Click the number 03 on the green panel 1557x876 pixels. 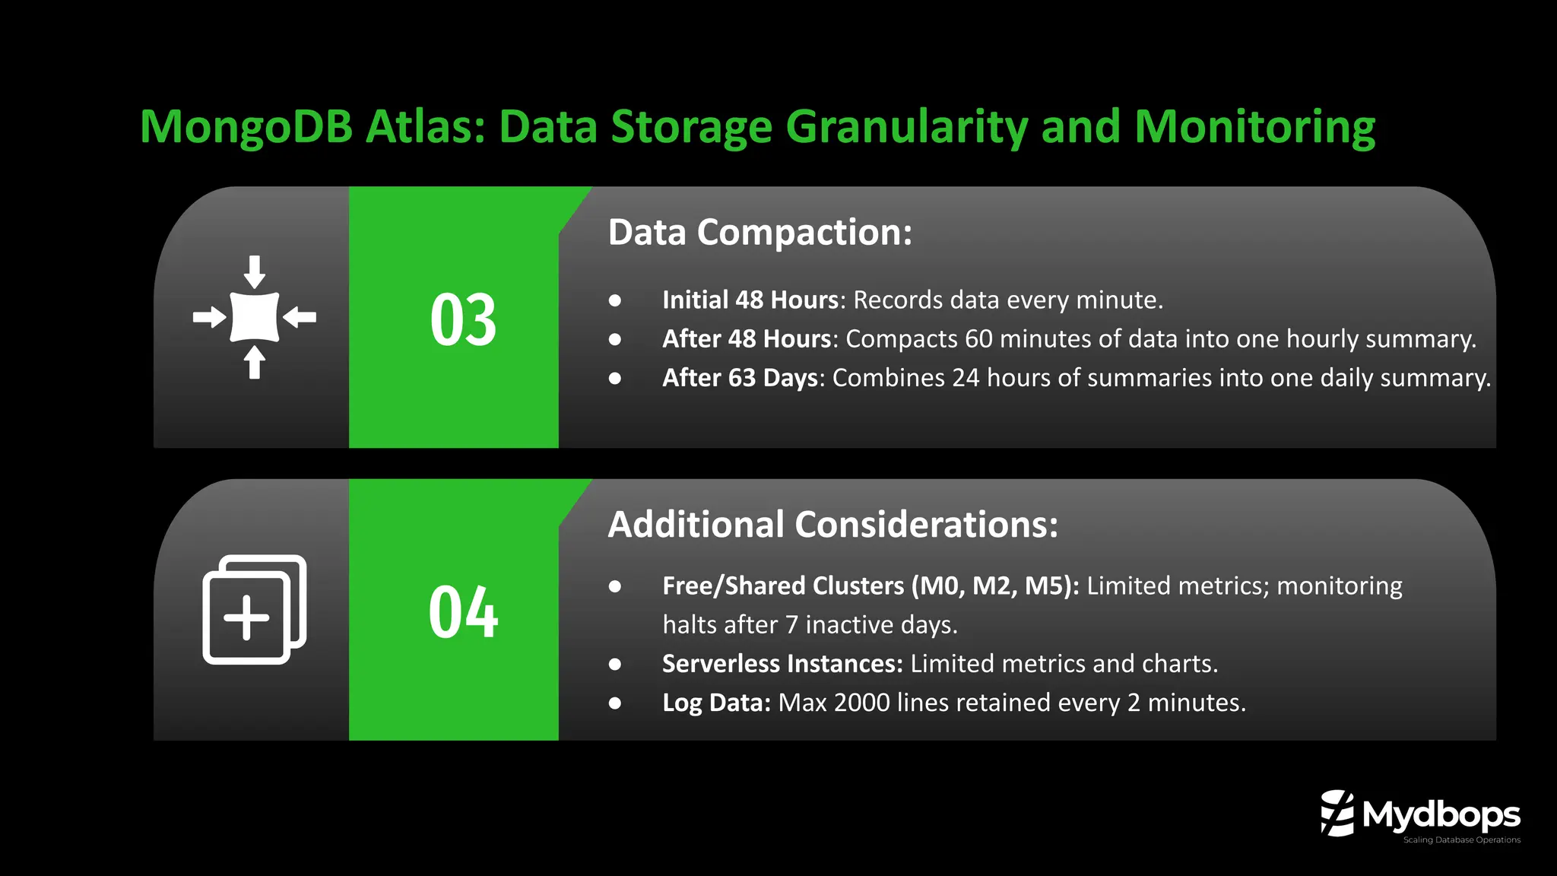click(x=463, y=320)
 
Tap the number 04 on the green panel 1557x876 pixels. click(x=463, y=612)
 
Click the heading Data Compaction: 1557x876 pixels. click(x=759, y=232)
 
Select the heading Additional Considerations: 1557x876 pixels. click(x=832, y=525)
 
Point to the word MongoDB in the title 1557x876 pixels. click(x=246, y=126)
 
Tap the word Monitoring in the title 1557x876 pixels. click(x=1254, y=126)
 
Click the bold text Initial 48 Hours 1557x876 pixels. click(x=750, y=300)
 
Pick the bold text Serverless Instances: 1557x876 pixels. click(x=782, y=664)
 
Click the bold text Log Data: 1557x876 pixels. click(x=716, y=703)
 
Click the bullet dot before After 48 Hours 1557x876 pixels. click(x=615, y=339)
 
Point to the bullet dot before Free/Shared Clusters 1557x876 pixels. click(x=615, y=586)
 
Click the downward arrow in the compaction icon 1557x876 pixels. click(x=255, y=271)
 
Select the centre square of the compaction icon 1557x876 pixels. click(x=255, y=316)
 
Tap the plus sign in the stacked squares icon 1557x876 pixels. click(x=246, y=618)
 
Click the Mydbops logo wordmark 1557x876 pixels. click(x=1441, y=814)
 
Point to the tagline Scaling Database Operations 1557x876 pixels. click(x=1461, y=840)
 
